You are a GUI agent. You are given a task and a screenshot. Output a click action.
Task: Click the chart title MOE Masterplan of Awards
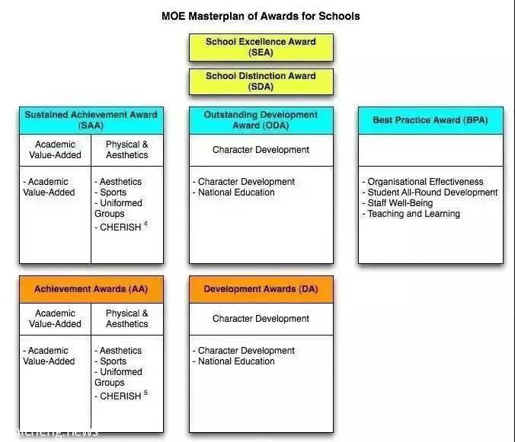tap(261, 16)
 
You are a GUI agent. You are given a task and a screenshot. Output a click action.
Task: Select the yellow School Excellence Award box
tap(261, 47)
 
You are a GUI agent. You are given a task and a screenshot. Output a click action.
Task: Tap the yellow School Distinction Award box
tap(261, 81)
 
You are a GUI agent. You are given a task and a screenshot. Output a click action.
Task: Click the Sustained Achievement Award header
tap(91, 120)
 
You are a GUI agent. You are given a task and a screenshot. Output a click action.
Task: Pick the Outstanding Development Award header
tap(261, 120)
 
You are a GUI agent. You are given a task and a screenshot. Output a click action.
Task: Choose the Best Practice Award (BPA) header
tap(430, 120)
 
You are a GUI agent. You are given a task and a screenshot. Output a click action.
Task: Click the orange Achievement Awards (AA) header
tap(91, 289)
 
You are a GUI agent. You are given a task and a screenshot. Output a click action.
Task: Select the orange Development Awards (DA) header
tap(261, 289)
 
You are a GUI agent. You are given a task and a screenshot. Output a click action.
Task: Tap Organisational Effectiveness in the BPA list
tap(423, 182)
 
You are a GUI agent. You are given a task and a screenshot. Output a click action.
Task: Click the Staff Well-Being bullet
tap(398, 203)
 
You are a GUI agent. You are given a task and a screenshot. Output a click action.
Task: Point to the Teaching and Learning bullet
tap(411, 214)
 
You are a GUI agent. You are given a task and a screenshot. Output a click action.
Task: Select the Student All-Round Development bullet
tap(430, 192)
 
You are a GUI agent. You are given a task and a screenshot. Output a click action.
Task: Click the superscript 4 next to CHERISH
tap(146, 224)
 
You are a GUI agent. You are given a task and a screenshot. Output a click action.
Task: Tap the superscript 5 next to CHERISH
tap(146, 393)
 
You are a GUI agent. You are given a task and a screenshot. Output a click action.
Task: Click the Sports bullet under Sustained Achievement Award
tap(110, 192)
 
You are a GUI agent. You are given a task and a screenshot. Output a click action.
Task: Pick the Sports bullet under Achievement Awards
tap(110, 361)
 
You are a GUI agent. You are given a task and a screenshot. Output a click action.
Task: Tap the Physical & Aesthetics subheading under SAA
tap(127, 150)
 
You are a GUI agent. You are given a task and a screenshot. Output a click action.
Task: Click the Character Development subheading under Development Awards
tap(261, 319)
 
